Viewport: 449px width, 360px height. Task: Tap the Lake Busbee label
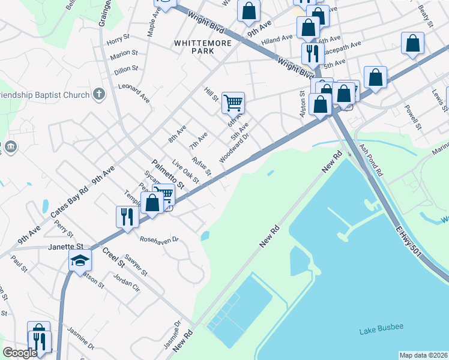point(381,329)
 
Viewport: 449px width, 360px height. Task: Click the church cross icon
point(100,94)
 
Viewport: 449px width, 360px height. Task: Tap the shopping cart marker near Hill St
point(233,102)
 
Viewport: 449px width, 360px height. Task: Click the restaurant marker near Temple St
point(127,216)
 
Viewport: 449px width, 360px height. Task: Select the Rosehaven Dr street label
point(159,239)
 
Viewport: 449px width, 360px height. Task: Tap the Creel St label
point(113,256)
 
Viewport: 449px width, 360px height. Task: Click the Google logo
point(20,353)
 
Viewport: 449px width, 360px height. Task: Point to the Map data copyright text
point(423,355)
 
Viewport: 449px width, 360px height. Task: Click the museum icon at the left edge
point(10,147)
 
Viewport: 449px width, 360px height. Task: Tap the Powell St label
point(411,116)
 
